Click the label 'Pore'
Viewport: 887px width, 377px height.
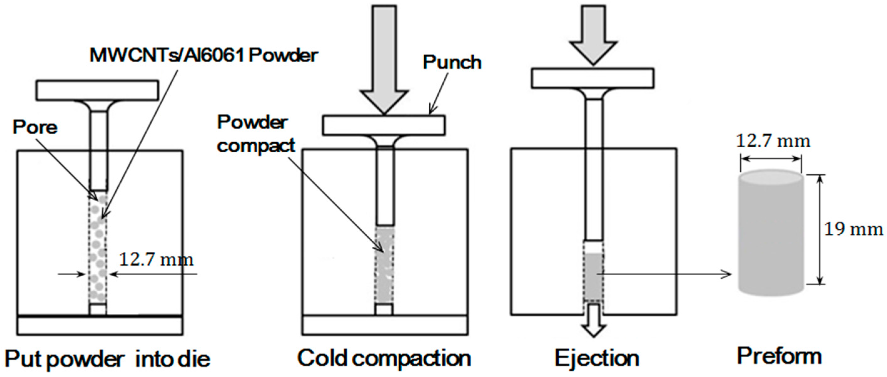[x=35, y=128]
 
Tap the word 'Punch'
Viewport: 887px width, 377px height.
[x=452, y=62]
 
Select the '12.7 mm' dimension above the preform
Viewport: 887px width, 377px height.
[x=773, y=141]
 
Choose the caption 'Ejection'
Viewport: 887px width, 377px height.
[x=597, y=359]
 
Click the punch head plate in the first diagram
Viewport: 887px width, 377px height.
[x=98, y=90]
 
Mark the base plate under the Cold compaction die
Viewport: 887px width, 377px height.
[x=385, y=325]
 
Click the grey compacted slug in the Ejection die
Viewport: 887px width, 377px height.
[x=593, y=276]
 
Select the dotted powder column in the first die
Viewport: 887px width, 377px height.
[x=98, y=248]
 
